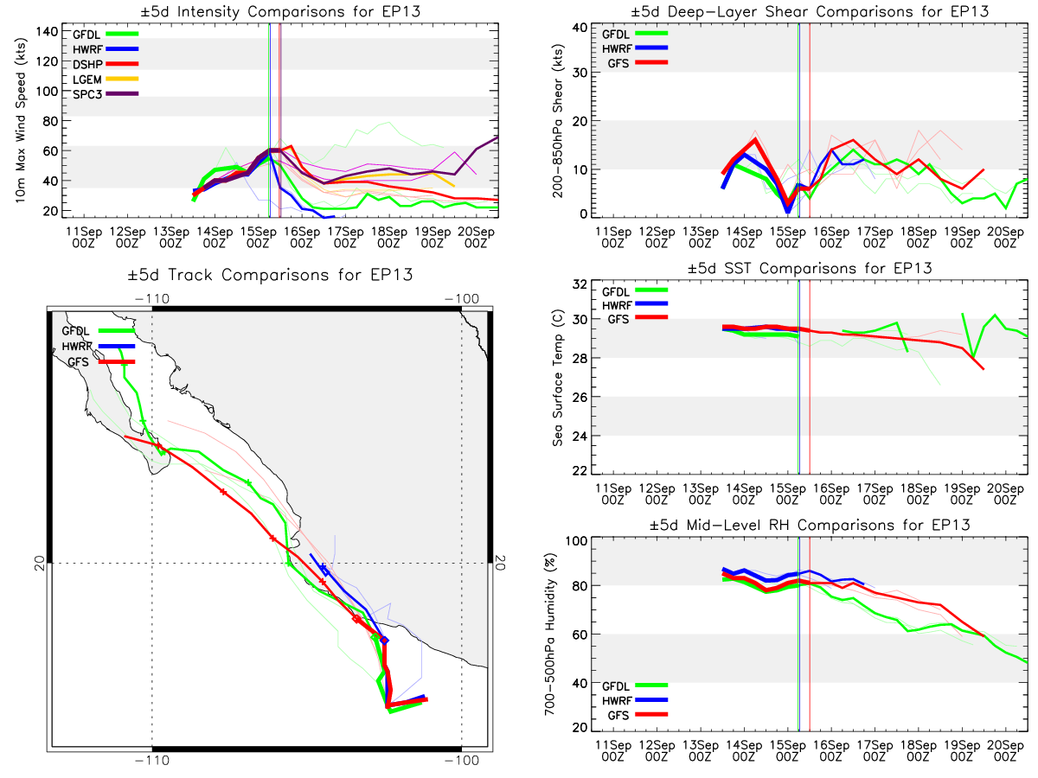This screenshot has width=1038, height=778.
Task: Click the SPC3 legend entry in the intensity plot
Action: (x=106, y=94)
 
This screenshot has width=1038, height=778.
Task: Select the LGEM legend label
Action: (x=87, y=80)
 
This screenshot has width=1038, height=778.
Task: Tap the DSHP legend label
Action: (x=87, y=64)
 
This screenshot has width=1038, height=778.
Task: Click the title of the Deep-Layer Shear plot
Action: (x=810, y=11)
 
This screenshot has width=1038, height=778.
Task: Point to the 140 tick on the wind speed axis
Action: (x=47, y=32)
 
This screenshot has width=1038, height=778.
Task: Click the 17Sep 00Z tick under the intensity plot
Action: (x=345, y=238)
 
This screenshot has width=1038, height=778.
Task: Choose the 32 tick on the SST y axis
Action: (x=580, y=284)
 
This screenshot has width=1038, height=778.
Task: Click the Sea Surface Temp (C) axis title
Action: (x=558, y=378)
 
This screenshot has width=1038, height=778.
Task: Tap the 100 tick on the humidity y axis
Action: (x=576, y=540)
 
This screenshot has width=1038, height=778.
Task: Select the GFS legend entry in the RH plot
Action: (x=638, y=715)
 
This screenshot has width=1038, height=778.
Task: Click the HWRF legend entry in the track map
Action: (x=99, y=347)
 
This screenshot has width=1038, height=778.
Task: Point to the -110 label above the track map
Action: (x=151, y=298)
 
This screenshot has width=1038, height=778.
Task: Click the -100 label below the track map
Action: (x=462, y=760)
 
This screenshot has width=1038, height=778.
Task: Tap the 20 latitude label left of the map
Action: (x=40, y=563)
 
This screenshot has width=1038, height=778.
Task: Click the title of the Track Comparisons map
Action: (x=270, y=274)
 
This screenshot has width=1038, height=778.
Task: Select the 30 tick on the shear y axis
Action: (x=580, y=73)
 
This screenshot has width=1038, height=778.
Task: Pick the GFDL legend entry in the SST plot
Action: (x=635, y=291)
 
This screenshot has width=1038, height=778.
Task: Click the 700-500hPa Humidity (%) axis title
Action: (x=549, y=634)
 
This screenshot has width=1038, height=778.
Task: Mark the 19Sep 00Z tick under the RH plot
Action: (x=962, y=750)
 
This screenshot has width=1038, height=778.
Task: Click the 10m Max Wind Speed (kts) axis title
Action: (x=21, y=120)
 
